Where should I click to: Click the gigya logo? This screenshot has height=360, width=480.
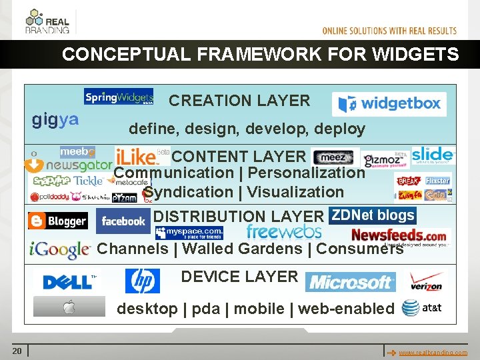pyautogui.click(x=55, y=120)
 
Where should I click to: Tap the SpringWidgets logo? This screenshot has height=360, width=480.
pyautogui.click(x=119, y=97)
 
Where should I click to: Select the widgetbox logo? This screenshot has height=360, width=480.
pyautogui.click(x=389, y=104)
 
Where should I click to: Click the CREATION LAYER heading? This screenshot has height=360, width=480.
pyautogui.click(x=239, y=101)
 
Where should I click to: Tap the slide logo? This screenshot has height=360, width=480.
pyautogui.click(x=433, y=155)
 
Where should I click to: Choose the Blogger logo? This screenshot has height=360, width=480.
pyautogui.click(x=58, y=221)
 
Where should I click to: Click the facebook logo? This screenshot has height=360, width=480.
pyautogui.click(x=123, y=221)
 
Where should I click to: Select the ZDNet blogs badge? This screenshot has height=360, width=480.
pyautogui.click(x=373, y=215)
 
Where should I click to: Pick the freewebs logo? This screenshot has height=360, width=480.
pyautogui.click(x=283, y=232)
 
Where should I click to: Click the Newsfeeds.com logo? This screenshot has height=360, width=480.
pyautogui.click(x=399, y=235)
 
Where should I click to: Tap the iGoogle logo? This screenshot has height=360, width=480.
pyautogui.click(x=60, y=250)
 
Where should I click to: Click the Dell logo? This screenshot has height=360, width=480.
pyautogui.click(x=69, y=281)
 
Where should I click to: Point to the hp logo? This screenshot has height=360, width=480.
pyautogui.click(x=143, y=281)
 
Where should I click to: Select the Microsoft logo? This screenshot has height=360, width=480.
pyautogui.click(x=351, y=282)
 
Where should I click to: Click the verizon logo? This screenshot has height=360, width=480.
pyautogui.click(x=426, y=281)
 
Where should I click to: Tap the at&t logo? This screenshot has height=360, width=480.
pyautogui.click(x=422, y=308)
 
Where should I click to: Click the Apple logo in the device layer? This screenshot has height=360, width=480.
pyautogui.click(x=69, y=307)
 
